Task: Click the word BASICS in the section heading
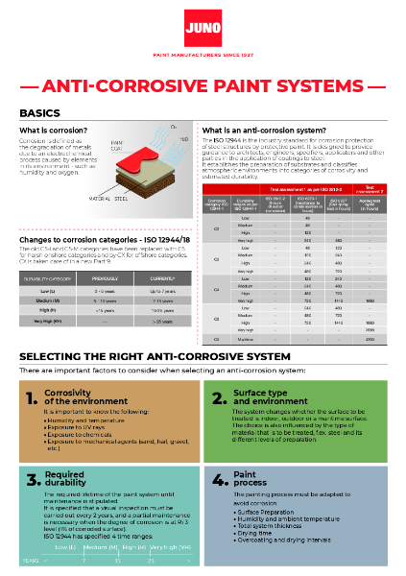tap(40, 113)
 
